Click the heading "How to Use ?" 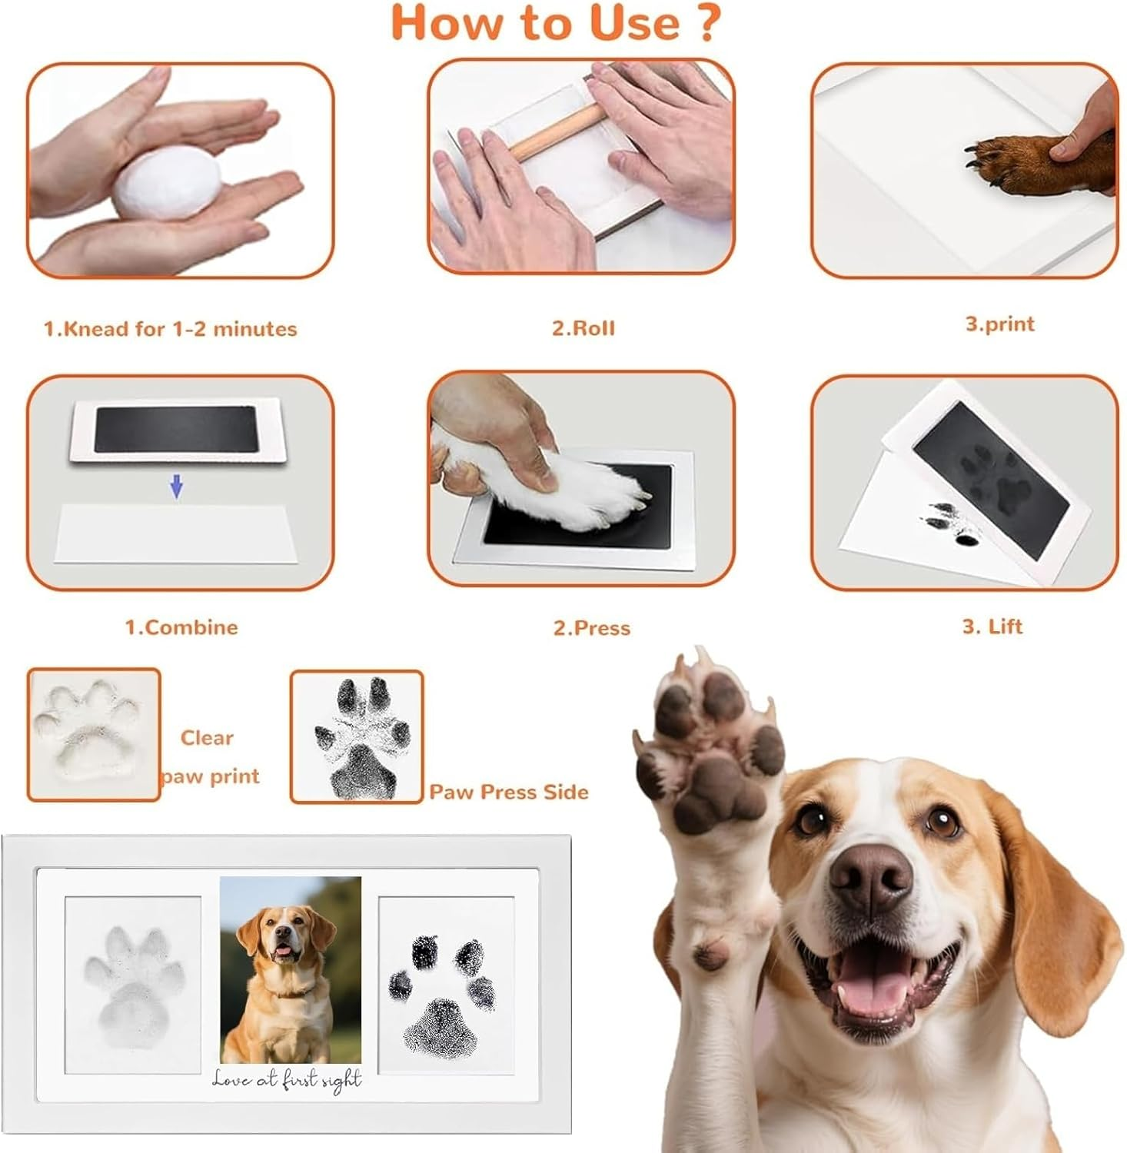tap(557, 23)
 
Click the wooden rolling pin tap(557, 131)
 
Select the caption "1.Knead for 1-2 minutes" tap(170, 329)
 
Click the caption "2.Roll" tap(583, 328)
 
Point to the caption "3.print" tap(999, 324)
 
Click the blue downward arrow tap(177, 486)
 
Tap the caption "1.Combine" tap(181, 627)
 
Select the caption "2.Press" tap(592, 628)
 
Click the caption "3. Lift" tap(992, 626)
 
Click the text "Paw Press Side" tap(508, 792)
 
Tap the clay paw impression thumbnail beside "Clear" tap(94, 734)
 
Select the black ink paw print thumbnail tap(357, 736)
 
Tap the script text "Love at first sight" tap(287, 1080)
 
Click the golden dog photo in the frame tap(290, 970)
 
